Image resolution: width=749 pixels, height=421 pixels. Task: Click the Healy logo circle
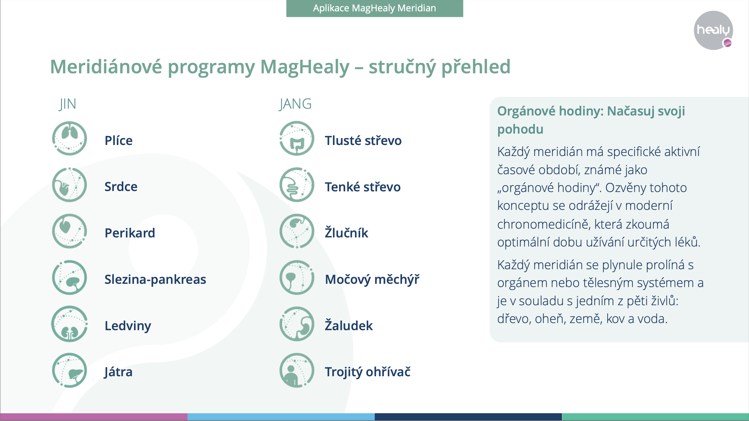(x=713, y=30)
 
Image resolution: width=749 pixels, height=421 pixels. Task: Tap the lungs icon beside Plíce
(x=69, y=138)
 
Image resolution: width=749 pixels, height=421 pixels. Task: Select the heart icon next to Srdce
(x=69, y=185)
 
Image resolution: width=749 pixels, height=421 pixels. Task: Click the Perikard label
(x=130, y=233)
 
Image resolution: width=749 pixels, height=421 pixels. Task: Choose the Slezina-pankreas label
(x=155, y=279)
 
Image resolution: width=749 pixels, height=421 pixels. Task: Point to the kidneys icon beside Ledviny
(x=69, y=324)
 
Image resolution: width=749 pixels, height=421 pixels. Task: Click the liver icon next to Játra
(x=69, y=370)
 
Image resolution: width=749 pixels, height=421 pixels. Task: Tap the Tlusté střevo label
(x=363, y=140)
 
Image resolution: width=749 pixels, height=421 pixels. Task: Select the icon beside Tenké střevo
(x=297, y=185)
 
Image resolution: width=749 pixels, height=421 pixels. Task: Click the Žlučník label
(x=347, y=233)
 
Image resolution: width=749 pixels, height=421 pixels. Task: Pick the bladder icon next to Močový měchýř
(x=297, y=278)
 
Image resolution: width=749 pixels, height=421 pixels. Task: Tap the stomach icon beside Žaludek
(x=297, y=324)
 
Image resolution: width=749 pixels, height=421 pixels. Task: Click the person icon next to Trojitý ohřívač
(x=297, y=370)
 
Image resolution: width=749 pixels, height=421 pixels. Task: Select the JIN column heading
(x=68, y=104)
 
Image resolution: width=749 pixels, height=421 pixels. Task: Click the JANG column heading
(x=295, y=104)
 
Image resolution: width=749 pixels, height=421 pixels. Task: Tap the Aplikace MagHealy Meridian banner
(x=374, y=8)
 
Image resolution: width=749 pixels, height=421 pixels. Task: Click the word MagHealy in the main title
(x=305, y=67)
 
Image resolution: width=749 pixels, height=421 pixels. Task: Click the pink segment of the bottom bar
(x=94, y=417)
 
